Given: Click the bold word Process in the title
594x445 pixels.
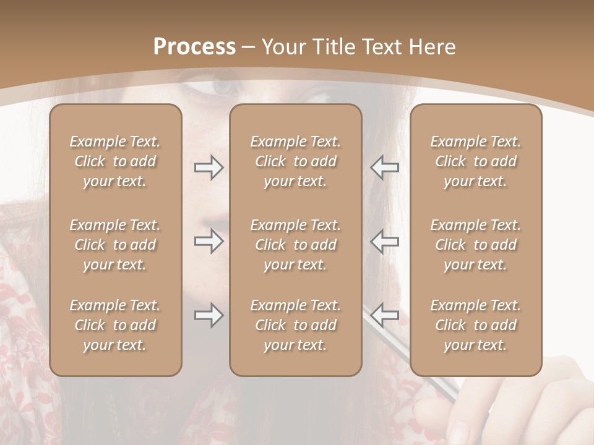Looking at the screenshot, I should coord(194,47).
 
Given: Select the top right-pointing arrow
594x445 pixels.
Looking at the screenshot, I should coord(209,167).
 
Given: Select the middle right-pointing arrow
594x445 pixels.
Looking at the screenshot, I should coord(209,241).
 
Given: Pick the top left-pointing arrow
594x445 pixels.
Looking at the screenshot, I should coord(385,167).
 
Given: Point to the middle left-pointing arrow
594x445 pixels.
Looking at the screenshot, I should coord(385,241).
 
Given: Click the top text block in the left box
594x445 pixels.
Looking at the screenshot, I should coord(115,161).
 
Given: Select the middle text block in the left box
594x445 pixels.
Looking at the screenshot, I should coord(115,245).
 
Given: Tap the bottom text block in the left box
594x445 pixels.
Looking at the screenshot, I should coord(115,325).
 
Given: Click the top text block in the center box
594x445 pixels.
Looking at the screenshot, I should coord(295,161).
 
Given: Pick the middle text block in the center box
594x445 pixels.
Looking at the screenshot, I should coord(295,245).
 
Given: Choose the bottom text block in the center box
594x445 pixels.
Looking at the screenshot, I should coord(295,325).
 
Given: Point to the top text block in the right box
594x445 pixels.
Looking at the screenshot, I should coord(475,161).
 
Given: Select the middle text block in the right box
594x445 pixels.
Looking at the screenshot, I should coord(475,245).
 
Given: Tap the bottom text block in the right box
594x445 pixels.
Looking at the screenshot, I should coord(475,325).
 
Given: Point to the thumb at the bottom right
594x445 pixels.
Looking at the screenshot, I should coord(433,411).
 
